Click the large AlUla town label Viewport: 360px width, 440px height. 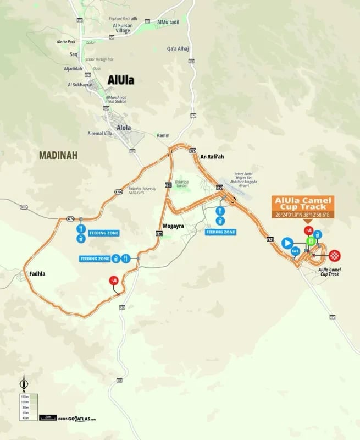click(x=121, y=80)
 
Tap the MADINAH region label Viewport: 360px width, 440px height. click(x=58, y=156)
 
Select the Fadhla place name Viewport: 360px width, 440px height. click(x=33, y=273)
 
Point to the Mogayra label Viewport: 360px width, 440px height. click(x=173, y=226)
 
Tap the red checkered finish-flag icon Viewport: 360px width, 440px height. click(x=335, y=255)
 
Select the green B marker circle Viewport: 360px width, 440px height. click(x=311, y=241)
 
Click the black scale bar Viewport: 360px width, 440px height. click(x=48, y=417)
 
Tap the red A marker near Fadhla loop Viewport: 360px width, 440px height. click(x=114, y=280)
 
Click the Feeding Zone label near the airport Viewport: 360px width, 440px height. click(x=220, y=232)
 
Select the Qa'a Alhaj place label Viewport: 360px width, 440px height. click(x=178, y=48)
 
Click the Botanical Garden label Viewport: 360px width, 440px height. click(x=181, y=184)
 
